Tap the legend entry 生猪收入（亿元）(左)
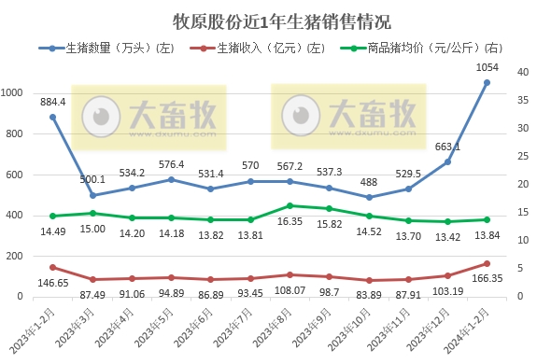tap(271, 47)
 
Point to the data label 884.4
tap(53, 102)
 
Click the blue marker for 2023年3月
tap(92, 195)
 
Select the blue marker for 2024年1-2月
tap(488, 82)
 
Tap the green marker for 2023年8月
tap(290, 205)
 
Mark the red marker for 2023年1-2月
tap(53, 267)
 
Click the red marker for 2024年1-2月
tap(488, 263)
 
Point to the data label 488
tap(369, 183)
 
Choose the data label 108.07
tap(291, 290)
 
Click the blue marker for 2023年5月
tap(171, 179)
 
